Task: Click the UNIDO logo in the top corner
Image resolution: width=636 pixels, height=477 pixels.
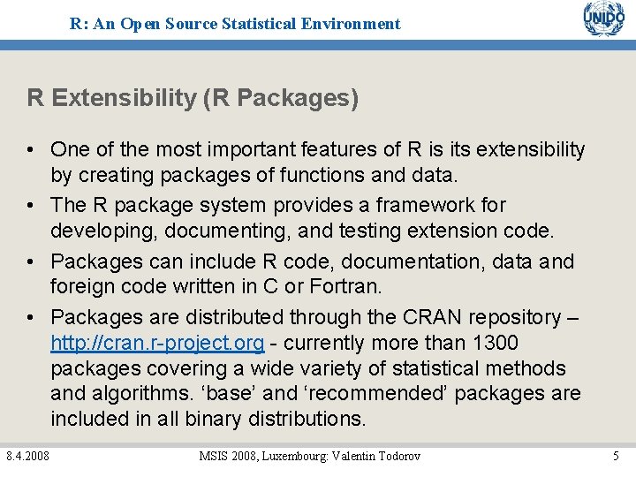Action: point(603,19)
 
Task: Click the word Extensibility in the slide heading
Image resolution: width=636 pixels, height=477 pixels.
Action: point(125,98)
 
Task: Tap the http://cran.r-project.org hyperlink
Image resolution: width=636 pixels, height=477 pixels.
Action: point(157,343)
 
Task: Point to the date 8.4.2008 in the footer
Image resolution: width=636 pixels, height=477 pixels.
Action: point(27,456)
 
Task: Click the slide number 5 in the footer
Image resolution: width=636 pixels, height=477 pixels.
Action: point(616,456)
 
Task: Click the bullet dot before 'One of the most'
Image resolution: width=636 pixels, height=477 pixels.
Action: point(32,150)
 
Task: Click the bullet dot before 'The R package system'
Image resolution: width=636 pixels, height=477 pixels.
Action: point(32,205)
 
